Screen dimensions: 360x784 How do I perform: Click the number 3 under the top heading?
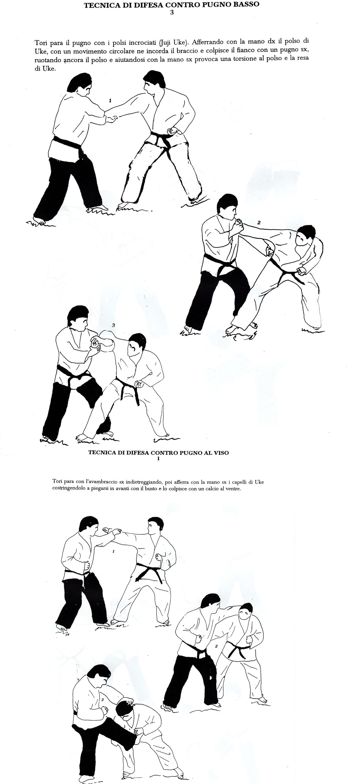coord(172,12)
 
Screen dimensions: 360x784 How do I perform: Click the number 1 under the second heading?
coord(159,459)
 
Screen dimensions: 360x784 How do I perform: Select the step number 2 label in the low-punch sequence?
coord(259,222)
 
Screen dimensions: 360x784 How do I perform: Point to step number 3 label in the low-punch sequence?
coord(113,325)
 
